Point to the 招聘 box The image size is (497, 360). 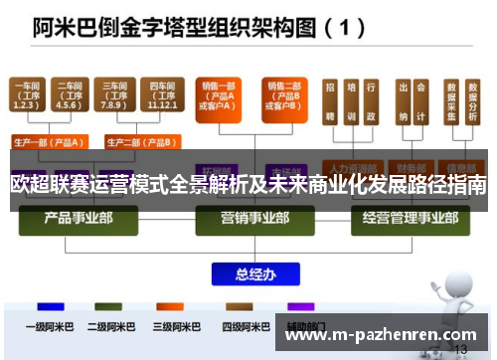[329, 99]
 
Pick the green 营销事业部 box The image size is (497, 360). [248, 216]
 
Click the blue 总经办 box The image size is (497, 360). [248, 270]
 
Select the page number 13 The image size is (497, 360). [458, 349]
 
